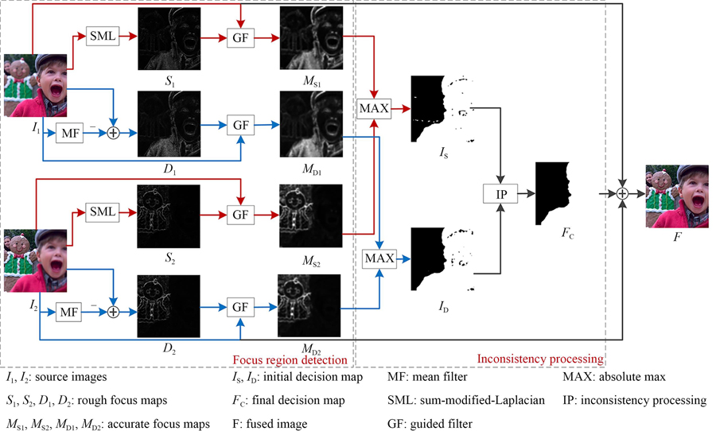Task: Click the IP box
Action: coord(500,194)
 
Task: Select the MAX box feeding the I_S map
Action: coord(376,107)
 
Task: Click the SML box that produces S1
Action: coord(100,36)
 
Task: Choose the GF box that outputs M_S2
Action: coord(241,215)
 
